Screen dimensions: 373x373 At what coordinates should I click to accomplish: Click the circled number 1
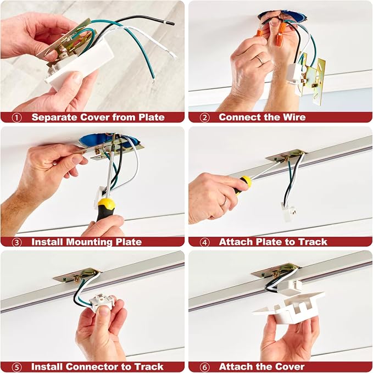pyautogui.click(x=16, y=118)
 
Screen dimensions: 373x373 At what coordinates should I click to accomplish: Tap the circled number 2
pyautogui.click(x=204, y=118)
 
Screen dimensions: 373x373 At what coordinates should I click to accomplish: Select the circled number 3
pyautogui.click(x=16, y=242)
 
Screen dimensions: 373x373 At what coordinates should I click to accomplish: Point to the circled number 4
pyautogui.click(x=204, y=242)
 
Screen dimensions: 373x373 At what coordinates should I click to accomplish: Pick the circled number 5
pyautogui.click(x=16, y=367)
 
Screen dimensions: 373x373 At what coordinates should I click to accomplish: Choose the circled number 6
pyautogui.click(x=204, y=367)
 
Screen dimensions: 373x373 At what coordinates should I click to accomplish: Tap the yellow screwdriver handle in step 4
pyautogui.click(x=243, y=185)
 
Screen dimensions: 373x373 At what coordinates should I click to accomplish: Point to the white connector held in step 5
pyautogui.click(x=102, y=303)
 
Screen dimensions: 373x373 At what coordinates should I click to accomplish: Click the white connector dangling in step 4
pyautogui.click(x=288, y=212)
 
